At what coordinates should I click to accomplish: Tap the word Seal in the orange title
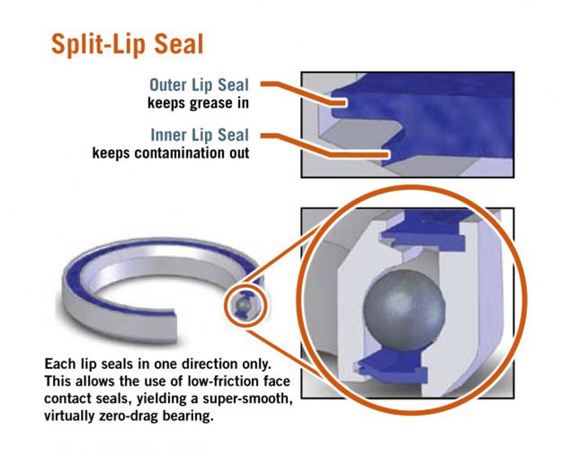[x=179, y=44]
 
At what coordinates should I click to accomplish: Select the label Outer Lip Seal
[x=199, y=85]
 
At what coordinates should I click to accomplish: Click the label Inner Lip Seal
[x=200, y=135]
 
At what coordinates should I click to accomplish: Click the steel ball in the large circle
[x=404, y=310]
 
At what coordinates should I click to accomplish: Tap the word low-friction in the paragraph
[x=222, y=382]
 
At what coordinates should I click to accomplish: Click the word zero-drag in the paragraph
[x=128, y=417]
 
